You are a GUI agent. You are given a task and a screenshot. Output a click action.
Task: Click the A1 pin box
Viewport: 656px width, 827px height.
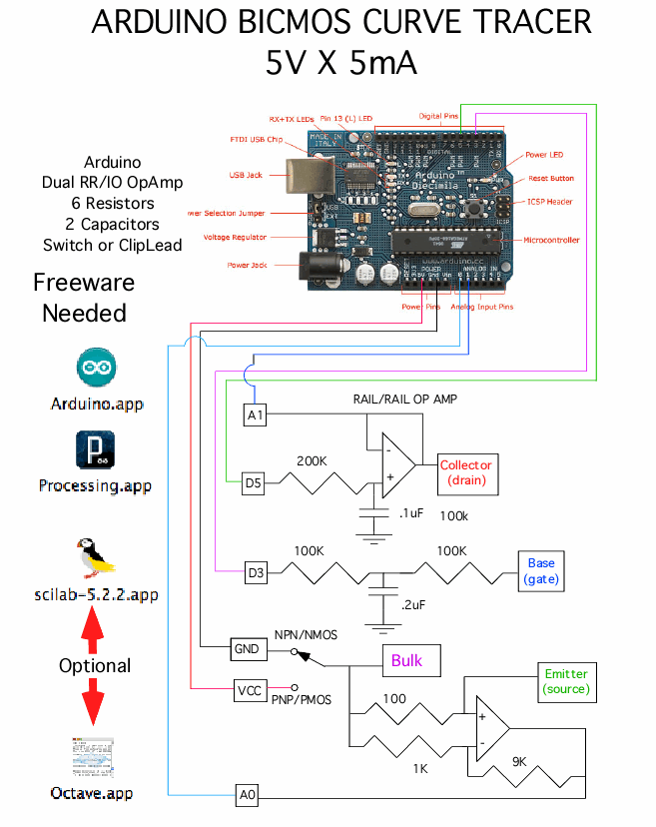pyautogui.click(x=256, y=414)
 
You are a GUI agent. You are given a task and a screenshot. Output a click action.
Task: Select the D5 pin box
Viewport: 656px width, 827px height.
pyautogui.click(x=256, y=484)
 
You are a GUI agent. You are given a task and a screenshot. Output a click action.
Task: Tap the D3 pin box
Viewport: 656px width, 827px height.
pyautogui.click(x=258, y=572)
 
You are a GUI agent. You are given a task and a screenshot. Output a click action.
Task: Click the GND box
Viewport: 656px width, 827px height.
pyautogui.click(x=247, y=649)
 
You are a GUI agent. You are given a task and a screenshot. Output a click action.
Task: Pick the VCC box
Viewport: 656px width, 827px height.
pyautogui.click(x=249, y=690)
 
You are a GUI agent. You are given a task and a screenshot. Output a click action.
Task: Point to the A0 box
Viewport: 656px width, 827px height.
pyautogui.click(x=248, y=795)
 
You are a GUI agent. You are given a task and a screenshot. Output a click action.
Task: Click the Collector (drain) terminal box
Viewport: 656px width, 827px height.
pyautogui.click(x=465, y=472)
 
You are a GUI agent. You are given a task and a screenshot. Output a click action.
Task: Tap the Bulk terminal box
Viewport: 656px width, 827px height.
pyautogui.click(x=406, y=660)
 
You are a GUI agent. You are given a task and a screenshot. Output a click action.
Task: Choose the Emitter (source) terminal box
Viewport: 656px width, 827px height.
pyautogui.click(x=565, y=681)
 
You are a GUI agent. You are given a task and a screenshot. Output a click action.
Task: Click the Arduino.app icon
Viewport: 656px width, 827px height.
pyautogui.click(x=97, y=369)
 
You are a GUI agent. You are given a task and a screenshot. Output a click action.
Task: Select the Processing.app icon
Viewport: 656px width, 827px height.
pyautogui.click(x=96, y=450)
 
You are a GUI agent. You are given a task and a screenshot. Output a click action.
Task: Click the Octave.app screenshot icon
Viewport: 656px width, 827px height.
pyautogui.click(x=95, y=759)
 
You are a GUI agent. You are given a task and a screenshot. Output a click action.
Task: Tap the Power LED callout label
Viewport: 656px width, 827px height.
pyautogui.click(x=544, y=155)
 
